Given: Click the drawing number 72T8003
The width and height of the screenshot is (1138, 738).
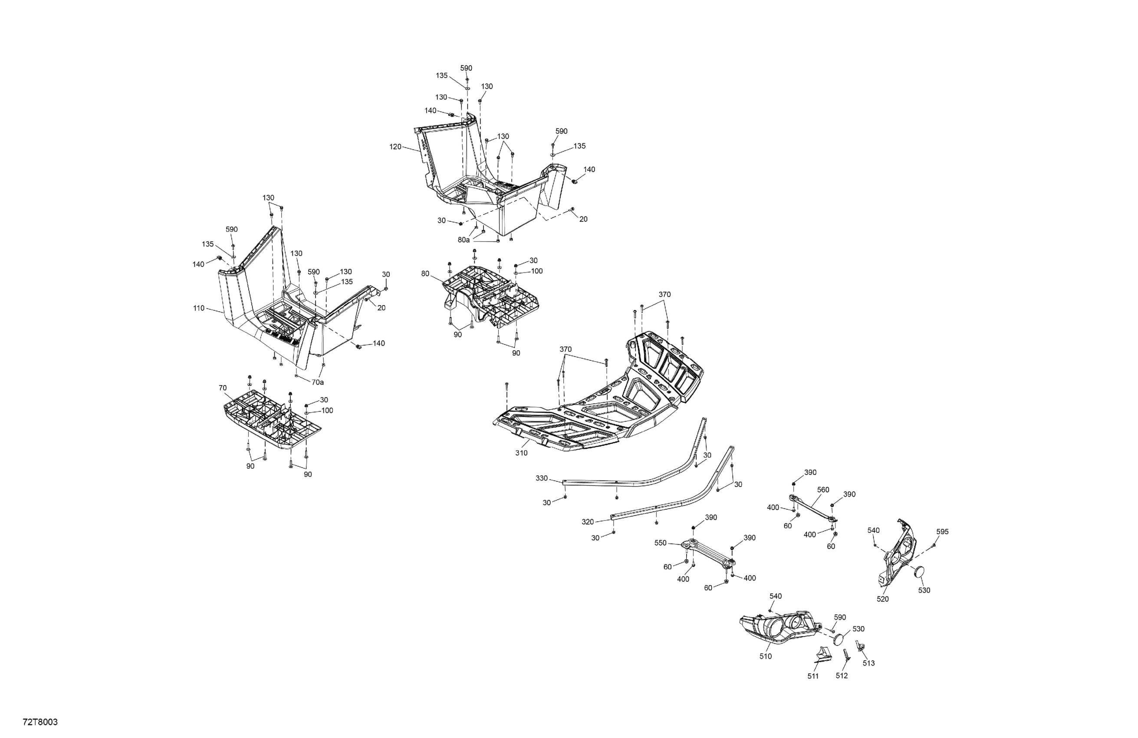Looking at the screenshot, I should (x=40, y=722).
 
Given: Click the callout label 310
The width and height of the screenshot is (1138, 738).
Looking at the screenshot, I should (x=521, y=453).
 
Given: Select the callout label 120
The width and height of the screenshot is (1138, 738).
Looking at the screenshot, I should (x=395, y=147).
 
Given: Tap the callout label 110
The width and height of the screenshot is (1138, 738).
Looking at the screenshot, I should (x=199, y=309).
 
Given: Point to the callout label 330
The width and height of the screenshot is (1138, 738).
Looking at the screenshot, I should (x=541, y=478).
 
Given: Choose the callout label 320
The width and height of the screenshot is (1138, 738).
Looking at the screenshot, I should (x=588, y=522).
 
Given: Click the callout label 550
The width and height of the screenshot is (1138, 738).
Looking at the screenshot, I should (x=660, y=544).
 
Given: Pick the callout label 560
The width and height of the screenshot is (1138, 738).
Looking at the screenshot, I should (x=823, y=490).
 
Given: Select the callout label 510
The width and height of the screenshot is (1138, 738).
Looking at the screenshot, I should (x=766, y=657).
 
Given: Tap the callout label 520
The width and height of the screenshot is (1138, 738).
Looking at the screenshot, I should (x=883, y=599).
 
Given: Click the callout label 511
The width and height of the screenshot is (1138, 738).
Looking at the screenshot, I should (x=813, y=676).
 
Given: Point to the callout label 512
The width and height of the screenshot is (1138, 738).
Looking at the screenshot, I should (x=842, y=676).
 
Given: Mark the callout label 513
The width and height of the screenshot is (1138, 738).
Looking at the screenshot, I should (x=869, y=663).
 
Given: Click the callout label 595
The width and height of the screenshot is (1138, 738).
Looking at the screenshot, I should (x=942, y=532).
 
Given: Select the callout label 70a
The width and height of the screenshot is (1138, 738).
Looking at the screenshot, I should (x=318, y=382).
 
